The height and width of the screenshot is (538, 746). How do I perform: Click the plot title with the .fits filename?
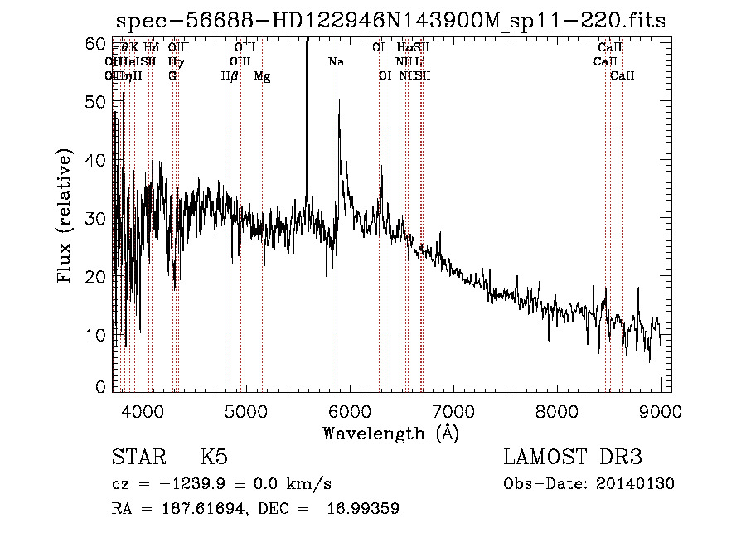coord(391,22)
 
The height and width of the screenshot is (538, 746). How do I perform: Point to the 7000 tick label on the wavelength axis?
coord(453,410)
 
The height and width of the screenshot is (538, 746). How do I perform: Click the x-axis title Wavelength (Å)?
coord(390,433)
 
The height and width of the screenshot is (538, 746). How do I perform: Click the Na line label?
coord(336,62)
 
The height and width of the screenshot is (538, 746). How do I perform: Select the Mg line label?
coord(262,76)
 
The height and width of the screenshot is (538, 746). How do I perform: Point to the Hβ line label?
coord(230,76)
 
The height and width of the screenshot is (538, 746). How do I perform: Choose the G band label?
coord(172,76)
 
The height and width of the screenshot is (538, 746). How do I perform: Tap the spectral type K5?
coord(214,458)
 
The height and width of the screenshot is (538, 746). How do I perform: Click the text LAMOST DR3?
coord(573,458)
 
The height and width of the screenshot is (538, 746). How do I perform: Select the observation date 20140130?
coord(635,484)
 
